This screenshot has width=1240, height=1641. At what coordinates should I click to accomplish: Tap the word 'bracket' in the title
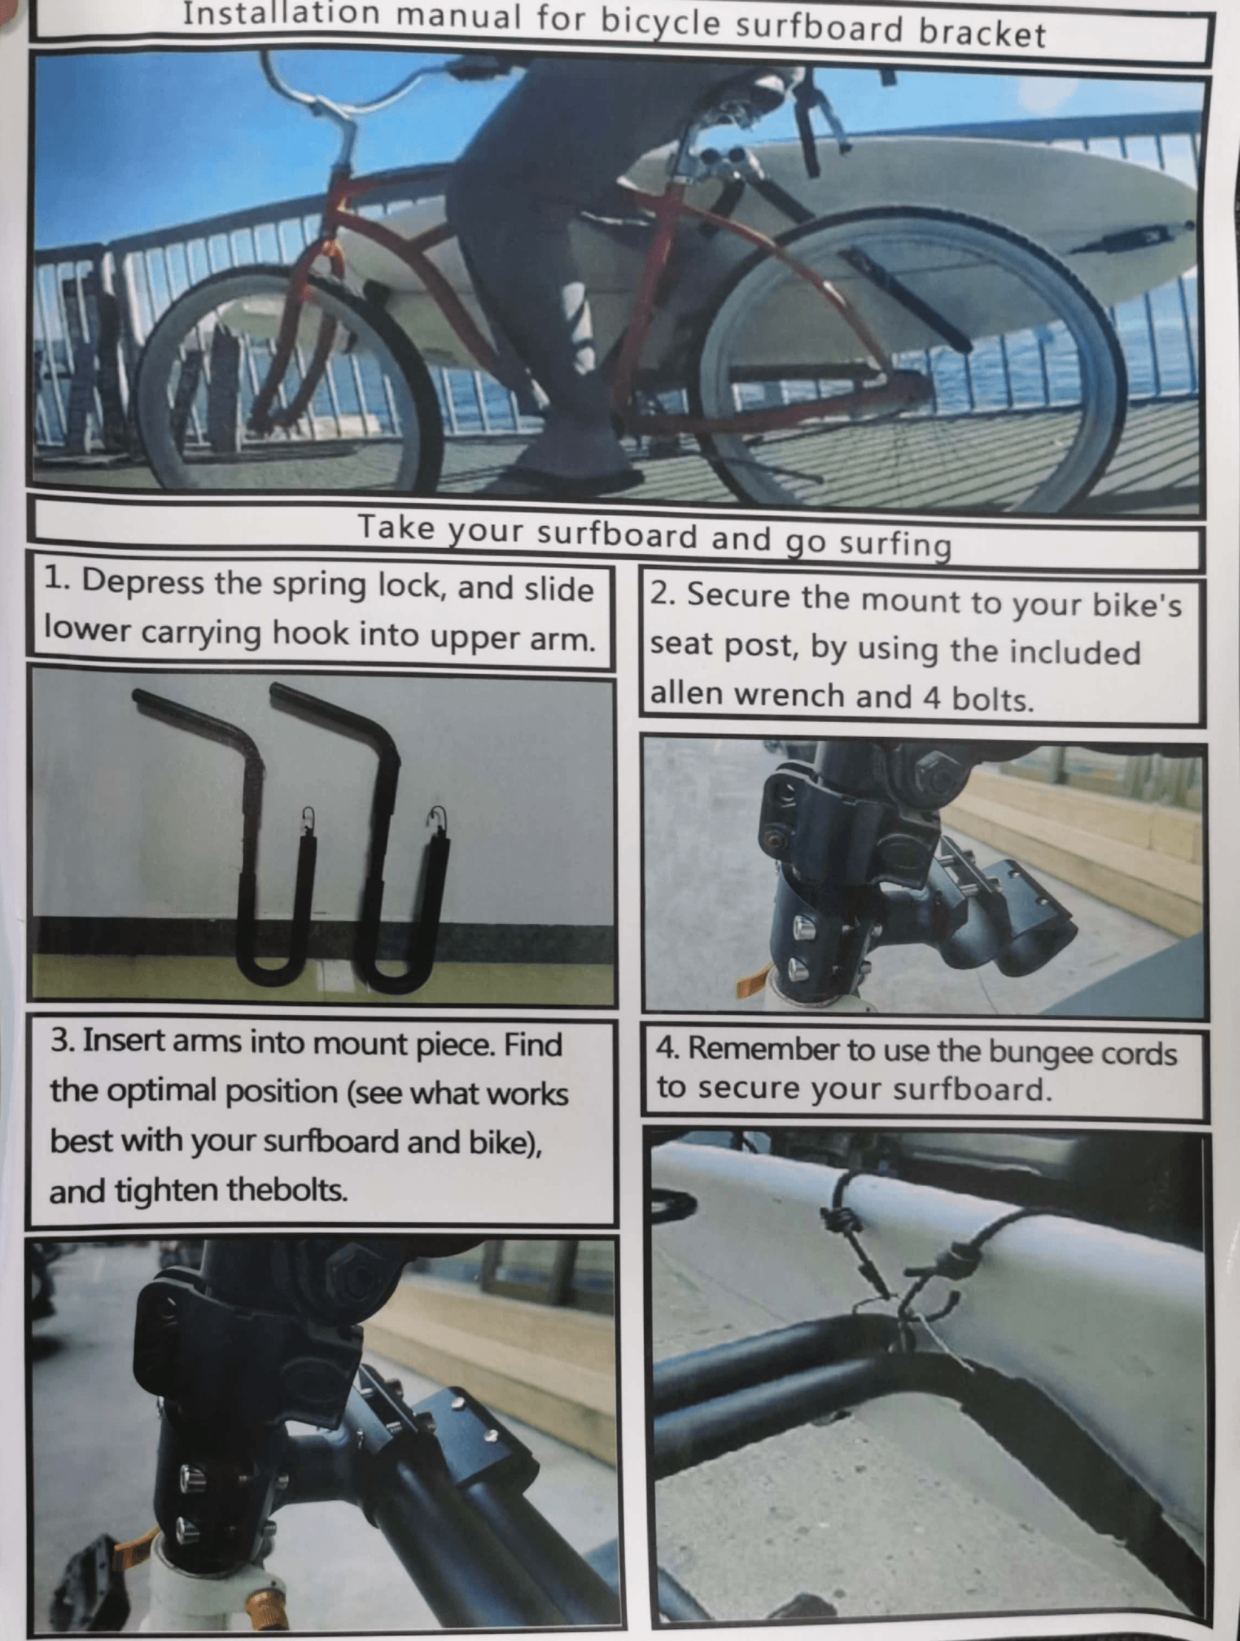(982, 33)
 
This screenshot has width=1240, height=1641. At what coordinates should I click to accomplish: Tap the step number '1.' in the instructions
(58, 579)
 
